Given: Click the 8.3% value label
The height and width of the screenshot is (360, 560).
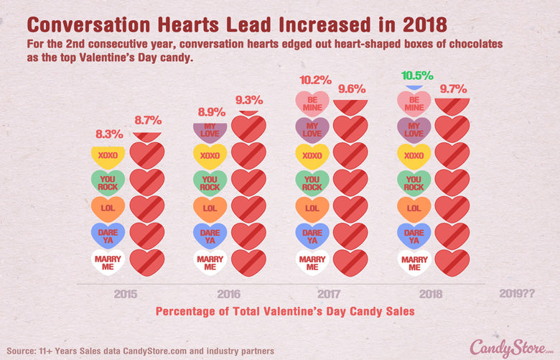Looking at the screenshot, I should pyautogui.click(x=109, y=134).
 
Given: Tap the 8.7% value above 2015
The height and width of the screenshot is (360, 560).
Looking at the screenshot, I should pyautogui.click(x=148, y=121).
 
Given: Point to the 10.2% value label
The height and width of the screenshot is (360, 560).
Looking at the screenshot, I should pyautogui.click(x=314, y=80).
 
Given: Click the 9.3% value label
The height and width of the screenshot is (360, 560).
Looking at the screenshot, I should pyautogui.click(x=248, y=100).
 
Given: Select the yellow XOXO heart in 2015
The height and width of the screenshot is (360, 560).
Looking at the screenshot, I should pyautogui.click(x=108, y=156).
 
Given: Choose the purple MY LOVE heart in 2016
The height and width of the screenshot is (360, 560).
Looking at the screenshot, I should pyautogui.click(x=210, y=130).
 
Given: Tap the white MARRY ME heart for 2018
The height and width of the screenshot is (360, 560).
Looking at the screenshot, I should pyautogui.click(x=414, y=261).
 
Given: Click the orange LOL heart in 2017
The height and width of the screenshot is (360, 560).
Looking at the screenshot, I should pyautogui.click(x=312, y=208).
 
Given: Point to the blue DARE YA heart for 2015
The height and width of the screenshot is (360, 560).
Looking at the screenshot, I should pyautogui.click(x=108, y=235).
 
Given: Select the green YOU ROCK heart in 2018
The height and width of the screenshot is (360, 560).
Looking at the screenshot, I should pyautogui.click(x=414, y=183).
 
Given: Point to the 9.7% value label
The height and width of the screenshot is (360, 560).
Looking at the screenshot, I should pyautogui.click(x=453, y=90).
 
